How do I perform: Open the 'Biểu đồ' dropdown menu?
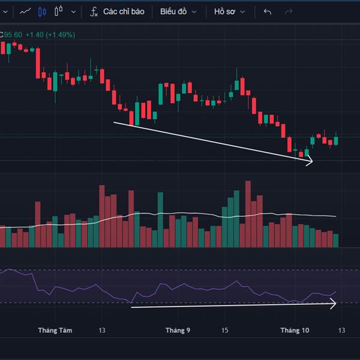(x=178, y=11)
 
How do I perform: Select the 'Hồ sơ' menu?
(x=230, y=11)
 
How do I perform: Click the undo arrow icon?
(x=268, y=11)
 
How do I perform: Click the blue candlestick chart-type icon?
(x=41, y=11)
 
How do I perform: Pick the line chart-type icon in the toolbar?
(x=25, y=11)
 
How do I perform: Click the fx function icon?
(x=94, y=11)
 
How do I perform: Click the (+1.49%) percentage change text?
(x=61, y=35)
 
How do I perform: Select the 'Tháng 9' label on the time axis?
(x=178, y=331)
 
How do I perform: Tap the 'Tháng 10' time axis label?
(x=295, y=331)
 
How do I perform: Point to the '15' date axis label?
(x=225, y=331)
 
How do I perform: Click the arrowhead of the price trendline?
(x=310, y=161)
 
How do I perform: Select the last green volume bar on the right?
(x=336, y=241)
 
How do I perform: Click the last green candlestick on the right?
(x=336, y=140)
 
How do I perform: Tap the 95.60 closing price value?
(x=13, y=35)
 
